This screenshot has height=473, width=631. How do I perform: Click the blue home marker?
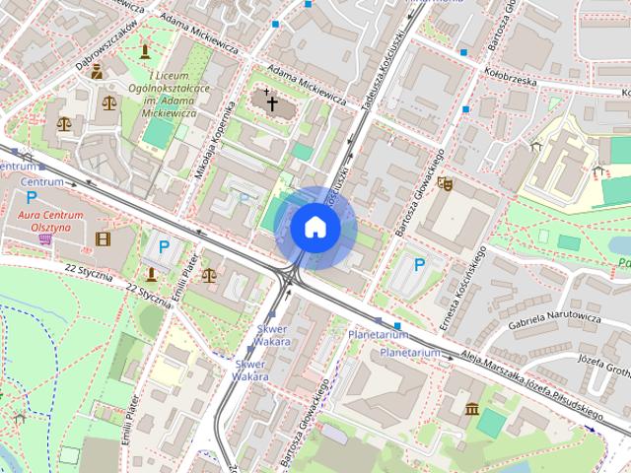[x=315, y=228]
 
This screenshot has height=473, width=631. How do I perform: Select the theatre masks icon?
[x=445, y=183]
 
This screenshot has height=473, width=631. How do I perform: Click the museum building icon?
[x=472, y=408]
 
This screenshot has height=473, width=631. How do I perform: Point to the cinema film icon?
[x=103, y=237]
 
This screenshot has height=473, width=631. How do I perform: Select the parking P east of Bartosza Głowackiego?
[x=419, y=264]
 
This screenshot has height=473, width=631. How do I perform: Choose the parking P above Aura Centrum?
[x=32, y=197]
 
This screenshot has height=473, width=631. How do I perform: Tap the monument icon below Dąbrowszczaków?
[x=145, y=49]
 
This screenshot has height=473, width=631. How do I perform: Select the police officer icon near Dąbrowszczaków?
[x=97, y=71]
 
